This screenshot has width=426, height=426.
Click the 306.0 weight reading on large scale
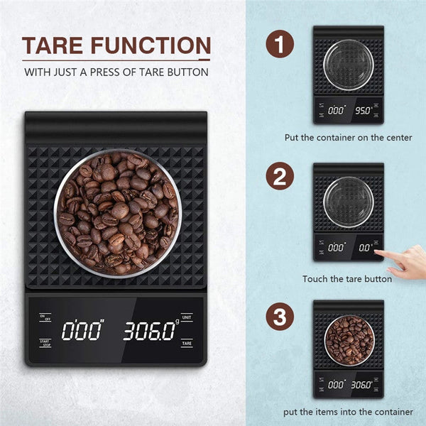151,330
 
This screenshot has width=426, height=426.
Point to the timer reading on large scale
82,330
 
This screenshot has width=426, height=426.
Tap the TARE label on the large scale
187,343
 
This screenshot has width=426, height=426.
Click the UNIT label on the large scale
187,317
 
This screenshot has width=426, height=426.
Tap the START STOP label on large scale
45,344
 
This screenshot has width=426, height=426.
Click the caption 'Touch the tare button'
347,279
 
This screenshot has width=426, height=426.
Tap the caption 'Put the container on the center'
348,137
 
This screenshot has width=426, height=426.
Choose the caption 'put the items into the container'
348,412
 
